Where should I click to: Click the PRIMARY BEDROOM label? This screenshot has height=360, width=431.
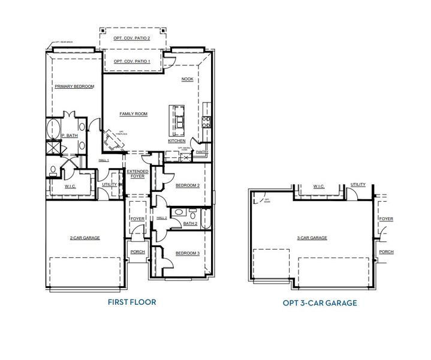coord(74,87)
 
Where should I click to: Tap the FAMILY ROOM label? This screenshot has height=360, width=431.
coord(133,114)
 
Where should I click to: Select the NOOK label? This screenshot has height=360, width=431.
coord(187,79)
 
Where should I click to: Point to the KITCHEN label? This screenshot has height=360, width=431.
coord(177,140)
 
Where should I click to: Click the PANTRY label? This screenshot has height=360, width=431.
coord(201,152)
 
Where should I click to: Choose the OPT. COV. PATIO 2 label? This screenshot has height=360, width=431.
coord(132,38)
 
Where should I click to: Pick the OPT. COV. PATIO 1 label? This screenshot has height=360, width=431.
coord(132,61)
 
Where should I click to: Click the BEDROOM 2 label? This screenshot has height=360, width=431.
coord(187,185)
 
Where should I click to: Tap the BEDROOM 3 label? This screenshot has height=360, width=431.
coord(187,253)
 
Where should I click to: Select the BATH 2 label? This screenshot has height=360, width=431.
coord(190,223)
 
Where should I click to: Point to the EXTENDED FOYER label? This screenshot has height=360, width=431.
coord(137,174)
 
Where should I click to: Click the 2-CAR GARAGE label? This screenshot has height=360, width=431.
coord(85,238)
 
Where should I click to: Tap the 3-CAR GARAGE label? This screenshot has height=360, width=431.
coord(312,238)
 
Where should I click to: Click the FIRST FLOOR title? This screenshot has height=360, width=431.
coord(132,302)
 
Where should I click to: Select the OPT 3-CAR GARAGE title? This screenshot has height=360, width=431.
coord(320,303)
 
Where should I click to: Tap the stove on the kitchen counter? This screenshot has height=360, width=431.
coord(206,122)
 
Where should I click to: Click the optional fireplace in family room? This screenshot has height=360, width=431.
coord(113,142)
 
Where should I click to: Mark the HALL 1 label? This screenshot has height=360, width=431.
coord(104,161)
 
